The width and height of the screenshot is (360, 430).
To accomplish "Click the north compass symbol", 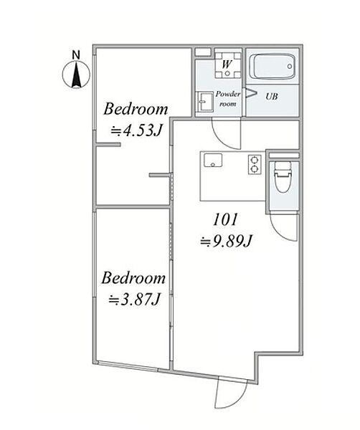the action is [76, 75].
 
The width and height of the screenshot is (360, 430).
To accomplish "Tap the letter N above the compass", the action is [76, 55].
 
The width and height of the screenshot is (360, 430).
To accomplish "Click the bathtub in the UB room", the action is [274, 67].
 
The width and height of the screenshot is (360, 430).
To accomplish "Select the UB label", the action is [271, 96].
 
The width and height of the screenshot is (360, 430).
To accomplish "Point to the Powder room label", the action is [228, 99].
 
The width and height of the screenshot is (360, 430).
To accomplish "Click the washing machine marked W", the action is [227, 64].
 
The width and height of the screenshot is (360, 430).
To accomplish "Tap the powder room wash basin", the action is [206, 102].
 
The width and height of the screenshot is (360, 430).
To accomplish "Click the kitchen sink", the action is [213, 160].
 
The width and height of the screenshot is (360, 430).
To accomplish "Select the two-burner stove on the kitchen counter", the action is [255, 165].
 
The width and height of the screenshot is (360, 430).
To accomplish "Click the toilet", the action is [283, 177].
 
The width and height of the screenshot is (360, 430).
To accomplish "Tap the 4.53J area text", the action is [136, 131].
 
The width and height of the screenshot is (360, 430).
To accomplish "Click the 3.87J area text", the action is [134, 300].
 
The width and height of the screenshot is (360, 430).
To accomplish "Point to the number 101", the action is [225, 220].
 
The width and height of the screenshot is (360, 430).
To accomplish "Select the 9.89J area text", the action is [226, 242].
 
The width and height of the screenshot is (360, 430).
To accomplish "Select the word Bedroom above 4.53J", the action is [136, 109].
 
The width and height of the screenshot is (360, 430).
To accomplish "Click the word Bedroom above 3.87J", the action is [133, 278].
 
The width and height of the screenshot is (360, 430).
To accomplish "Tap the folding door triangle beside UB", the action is [250, 92].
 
